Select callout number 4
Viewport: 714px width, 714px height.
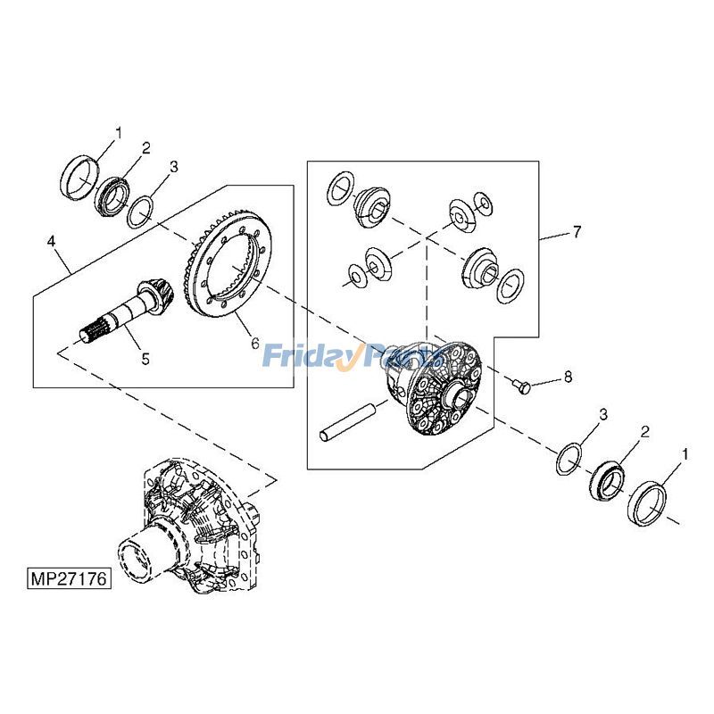(x=52, y=241)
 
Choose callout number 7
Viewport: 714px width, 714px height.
(x=577, y=232)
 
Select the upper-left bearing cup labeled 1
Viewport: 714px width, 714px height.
(x=78, y=177)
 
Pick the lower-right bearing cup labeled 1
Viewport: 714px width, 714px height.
(x=649, y=504)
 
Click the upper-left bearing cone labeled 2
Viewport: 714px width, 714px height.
(x=112, y=195)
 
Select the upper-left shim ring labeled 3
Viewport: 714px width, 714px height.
(x=138, y=213)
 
